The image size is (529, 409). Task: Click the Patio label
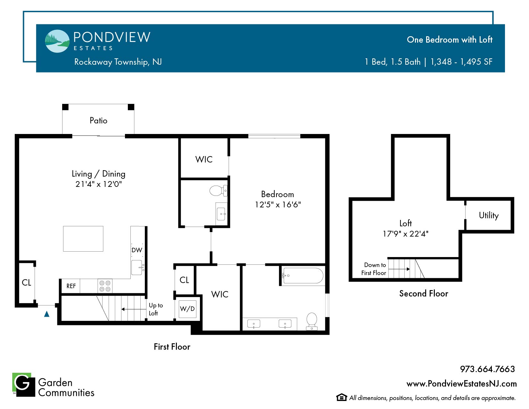click(98, 121)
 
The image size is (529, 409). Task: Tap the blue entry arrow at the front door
click(47, 314)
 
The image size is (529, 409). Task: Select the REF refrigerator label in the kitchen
click(71, 286)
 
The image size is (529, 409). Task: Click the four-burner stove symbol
click(105, 286)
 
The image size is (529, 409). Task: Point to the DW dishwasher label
click(137, 250)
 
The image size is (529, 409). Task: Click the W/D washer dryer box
click(187, 309)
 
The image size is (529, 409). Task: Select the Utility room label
click(489, 215)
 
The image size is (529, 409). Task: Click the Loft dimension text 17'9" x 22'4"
click(406, 234)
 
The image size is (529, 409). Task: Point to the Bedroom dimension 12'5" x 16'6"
click(278, 204)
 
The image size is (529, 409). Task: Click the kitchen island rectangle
click(83, 239)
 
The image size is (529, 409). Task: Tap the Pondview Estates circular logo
click(57, 41)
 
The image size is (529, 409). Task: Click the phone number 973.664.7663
click(487, 369)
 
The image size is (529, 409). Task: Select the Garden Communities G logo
click(24, 385)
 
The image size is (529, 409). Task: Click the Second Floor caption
click(424, 294)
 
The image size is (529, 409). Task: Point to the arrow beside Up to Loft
click(134, 309)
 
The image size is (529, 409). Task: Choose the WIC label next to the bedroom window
click(204, 159)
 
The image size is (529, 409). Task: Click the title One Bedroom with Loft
click(450, 40)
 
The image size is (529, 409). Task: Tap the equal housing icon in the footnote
click(342, 397)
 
